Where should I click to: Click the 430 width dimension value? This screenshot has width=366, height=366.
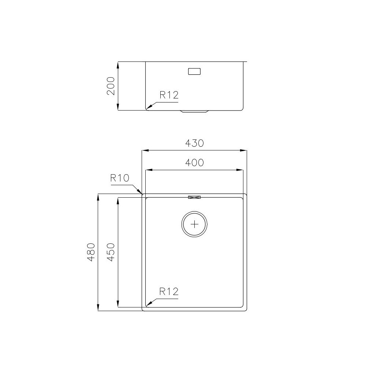tap(194, 143)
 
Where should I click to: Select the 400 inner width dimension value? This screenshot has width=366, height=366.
tap(194, 163)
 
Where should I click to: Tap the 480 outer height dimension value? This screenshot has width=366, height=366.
tap(91, 252)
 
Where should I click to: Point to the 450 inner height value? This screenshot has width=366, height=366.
tap(111, 252)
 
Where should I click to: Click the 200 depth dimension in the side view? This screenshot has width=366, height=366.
tap(111, 86)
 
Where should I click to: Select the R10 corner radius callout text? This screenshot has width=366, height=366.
tap(120, 179)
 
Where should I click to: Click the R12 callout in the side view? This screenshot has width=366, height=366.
tap(169, 96)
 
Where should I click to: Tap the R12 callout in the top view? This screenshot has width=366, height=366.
tap(169, 292)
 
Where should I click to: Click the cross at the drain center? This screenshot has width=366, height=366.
tap(195, 224)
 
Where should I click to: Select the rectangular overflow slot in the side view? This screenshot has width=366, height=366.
tap(194, 71)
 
